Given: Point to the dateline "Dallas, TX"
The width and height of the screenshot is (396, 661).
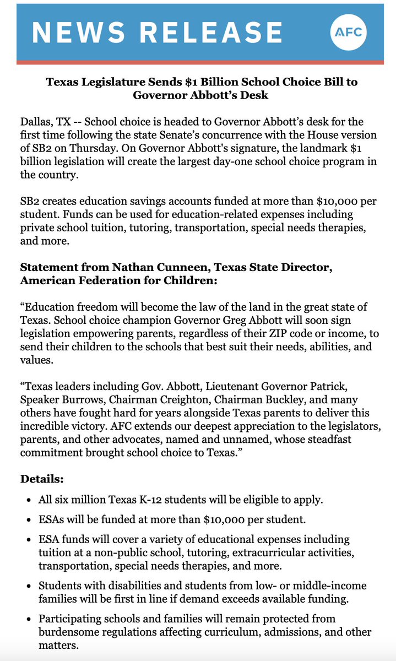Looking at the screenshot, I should point(44,122).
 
